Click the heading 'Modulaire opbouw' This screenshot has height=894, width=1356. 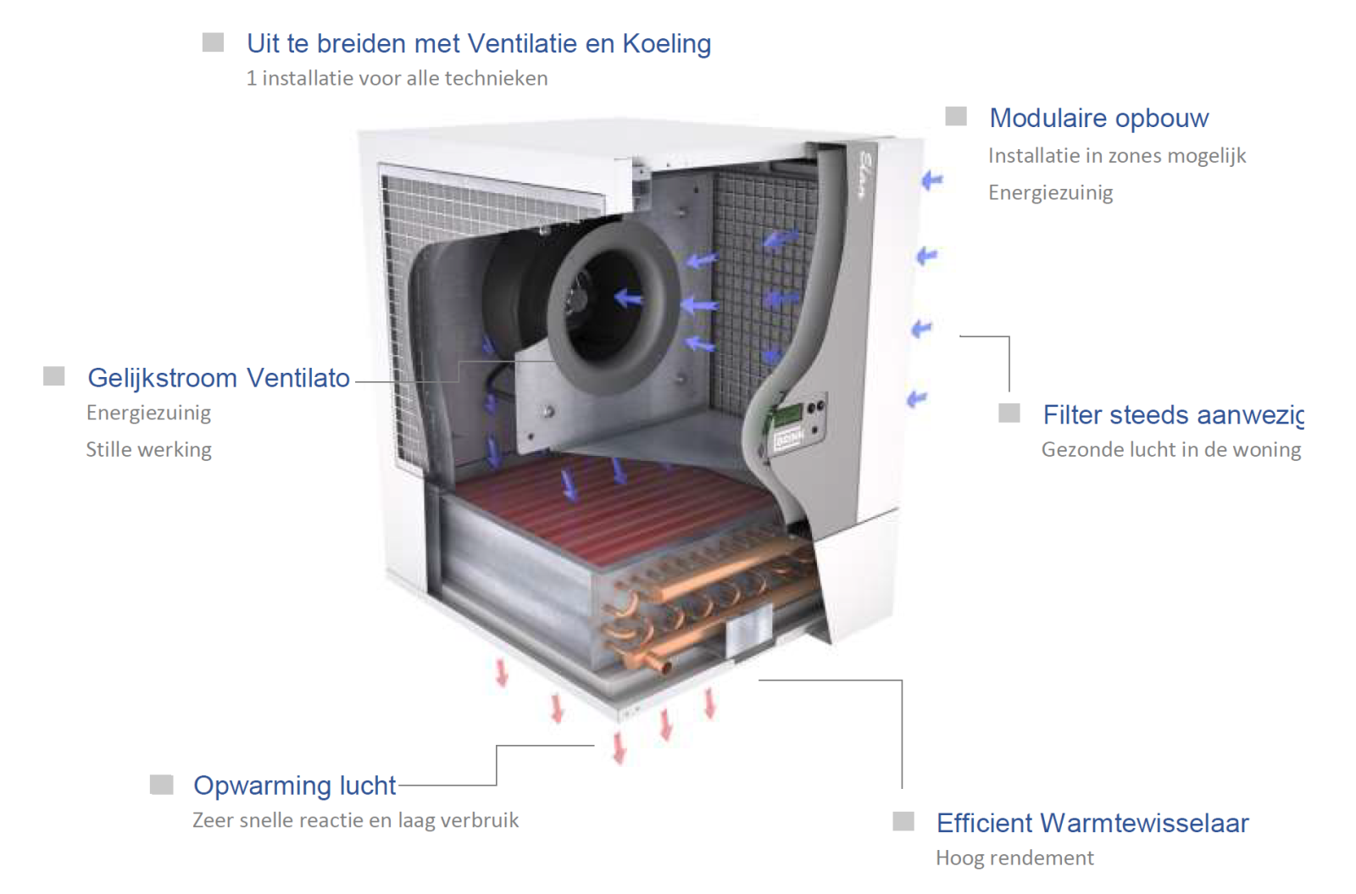click(1098, 119)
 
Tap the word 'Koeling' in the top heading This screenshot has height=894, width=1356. click(666, 43)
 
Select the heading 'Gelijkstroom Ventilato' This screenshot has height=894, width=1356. click(219, 378)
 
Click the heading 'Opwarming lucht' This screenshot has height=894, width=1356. click(295, 785)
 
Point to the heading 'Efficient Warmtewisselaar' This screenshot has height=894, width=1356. click(1092, 823)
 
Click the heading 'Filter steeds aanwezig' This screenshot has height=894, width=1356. click(1173, 416)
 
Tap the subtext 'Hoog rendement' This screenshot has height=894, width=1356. click(1014, 858)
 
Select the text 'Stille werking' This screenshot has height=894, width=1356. click(149, 450)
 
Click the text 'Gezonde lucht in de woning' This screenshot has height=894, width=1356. click(1170, 450)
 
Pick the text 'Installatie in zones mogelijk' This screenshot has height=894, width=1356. click(1117, 156)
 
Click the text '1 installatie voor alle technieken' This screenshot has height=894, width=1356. click(397, 79)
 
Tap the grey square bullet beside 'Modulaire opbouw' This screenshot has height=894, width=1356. click(956, 115)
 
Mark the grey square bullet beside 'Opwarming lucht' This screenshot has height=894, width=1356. click(162, 785)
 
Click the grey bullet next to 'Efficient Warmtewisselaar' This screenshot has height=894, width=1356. click(903, 821)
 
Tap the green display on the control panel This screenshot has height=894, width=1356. click(789, 414)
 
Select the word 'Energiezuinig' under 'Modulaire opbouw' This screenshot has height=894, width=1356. click(1050, 193)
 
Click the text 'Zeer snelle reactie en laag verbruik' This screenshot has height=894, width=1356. click(355, 821)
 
